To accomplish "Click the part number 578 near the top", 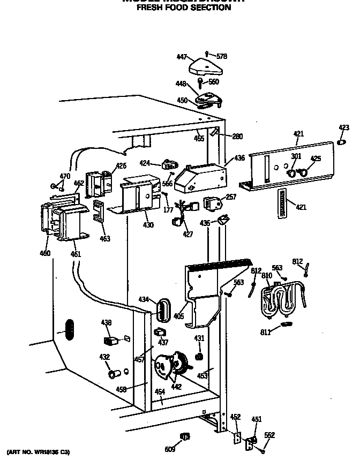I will pyautogui.click(x=222, y=56).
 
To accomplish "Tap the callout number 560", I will pyautogui.click(x=213, y=82).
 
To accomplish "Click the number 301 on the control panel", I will pyautogui.click(x=296, y=156).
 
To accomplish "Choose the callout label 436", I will pyautogui.click(x=239, y=158).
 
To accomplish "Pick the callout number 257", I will pyautogui.click(x=231, y=198).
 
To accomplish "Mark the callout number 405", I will pyautogui.click(x=178, y=316).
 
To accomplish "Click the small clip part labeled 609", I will pyautogui.click(x=185, y=436).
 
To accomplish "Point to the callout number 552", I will pyautogui.click(x=269, y=435).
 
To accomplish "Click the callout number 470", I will pyautogui.click(x=65, y=176).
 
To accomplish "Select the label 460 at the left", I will pyautogui.click(x=45, y=253).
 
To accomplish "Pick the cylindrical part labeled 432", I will pyautogui.click(x=113, y=373).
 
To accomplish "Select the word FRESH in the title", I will pyautogui.click(x=149, y=8).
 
